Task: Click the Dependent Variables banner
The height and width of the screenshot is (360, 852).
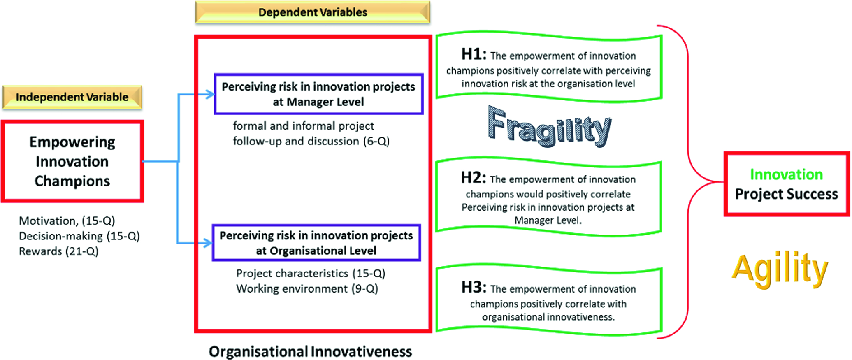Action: [x=313, y=12]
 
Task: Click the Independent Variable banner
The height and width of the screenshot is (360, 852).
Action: [x=72, y=97]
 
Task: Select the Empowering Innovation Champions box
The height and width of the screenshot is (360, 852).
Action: [x=72, y=161]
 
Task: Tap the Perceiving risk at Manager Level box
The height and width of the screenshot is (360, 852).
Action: [x=318, y=94]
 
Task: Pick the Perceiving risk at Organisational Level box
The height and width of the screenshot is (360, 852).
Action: [x=316, y=243]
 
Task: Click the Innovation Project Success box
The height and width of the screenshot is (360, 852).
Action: [x=786, y=184]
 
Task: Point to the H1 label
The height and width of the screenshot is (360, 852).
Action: [x=474, y=54]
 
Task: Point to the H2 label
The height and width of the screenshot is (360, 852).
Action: [x=473, y=178]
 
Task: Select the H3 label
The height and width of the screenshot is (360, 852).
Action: [x=474, y=287]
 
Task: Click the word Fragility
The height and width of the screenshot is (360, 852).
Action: [x=549, y=126]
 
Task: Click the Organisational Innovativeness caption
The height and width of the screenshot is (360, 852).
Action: [x=310, y=352]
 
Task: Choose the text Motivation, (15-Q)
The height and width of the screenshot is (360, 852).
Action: [x=67, y=221]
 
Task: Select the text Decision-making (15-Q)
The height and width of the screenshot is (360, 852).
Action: [x=79, y=236]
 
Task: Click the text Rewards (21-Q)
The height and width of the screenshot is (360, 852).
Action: [x=59, y=251]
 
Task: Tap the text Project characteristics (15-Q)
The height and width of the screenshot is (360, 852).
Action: [x=311, y=274]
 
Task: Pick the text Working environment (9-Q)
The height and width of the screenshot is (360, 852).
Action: [x=307, y=289]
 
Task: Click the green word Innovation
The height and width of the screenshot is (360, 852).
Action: [x=786, y=174]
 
